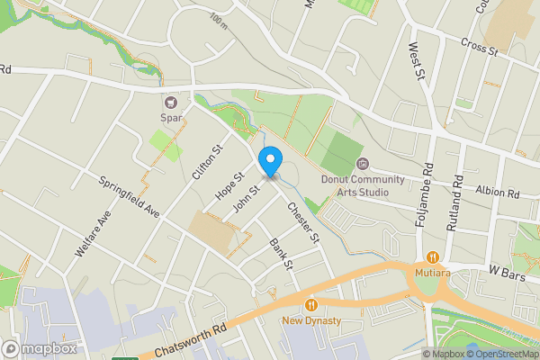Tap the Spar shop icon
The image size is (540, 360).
click(x=170, y=101)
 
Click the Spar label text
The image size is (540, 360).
click(x=170, y=117)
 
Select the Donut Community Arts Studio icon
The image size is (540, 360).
click(x=363, y=164)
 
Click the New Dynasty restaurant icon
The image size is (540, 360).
click(x=311, y=304)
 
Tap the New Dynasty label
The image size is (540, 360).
click(x=311, y=320)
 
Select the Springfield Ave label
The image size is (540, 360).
click(x=130, y=196)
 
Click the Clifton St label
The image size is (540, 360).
click(x=206, y=162)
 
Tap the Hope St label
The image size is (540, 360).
click(x=229, y=186)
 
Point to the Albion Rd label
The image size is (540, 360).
click(x=498, y=193)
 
